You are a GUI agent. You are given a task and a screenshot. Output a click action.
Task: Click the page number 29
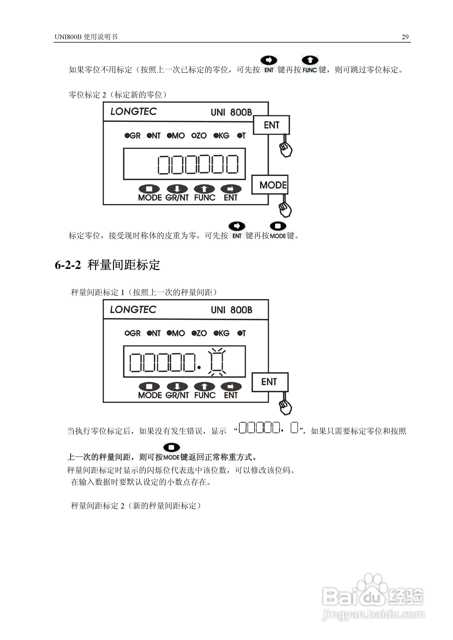(405, 37)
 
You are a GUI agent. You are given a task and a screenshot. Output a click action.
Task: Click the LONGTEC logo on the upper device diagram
(133, 112)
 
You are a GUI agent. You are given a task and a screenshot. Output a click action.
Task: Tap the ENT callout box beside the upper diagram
(271, 125)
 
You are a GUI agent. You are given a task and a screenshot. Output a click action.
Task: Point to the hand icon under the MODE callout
(285, 209)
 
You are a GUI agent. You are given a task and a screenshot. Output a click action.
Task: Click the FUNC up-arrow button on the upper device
(204, 189)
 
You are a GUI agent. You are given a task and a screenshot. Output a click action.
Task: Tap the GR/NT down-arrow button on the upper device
(177, 189)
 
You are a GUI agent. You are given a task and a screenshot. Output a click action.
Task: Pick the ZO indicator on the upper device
(199, 136)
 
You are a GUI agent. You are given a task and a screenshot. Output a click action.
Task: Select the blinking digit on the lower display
(217, 362)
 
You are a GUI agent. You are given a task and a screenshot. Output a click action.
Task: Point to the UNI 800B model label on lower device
(231, 310)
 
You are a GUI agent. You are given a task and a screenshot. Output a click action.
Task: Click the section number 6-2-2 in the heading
(68, 265)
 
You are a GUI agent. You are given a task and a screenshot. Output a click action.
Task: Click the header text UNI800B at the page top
(68, 37)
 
